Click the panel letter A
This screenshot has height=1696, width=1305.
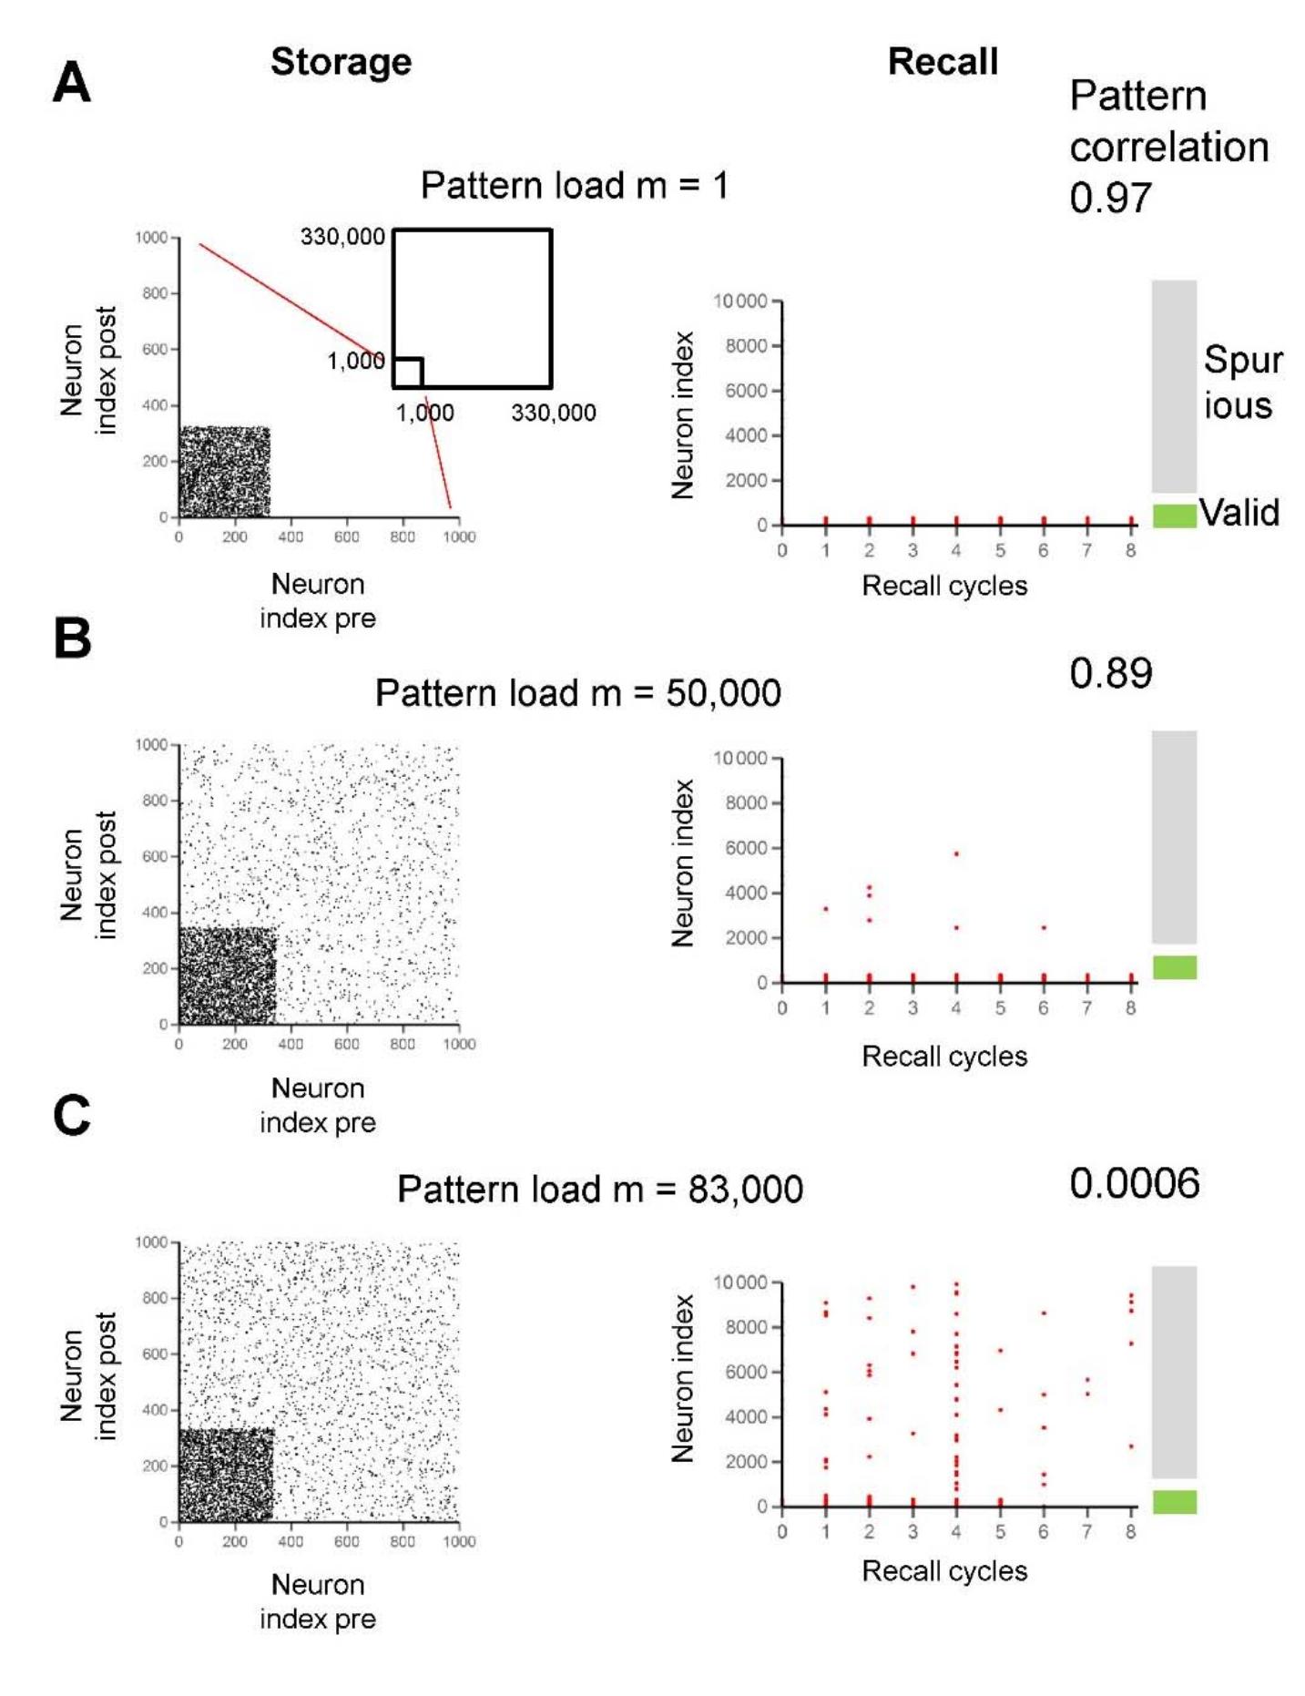[71, 84]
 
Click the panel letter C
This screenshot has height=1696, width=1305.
[71, 1115]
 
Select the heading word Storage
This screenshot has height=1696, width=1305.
[341, 62]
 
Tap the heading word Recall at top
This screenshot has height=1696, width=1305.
[942, 62]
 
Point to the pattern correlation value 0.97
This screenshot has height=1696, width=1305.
[1110, 198]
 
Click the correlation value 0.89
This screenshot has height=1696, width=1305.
[1110, 673]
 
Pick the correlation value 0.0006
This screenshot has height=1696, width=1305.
[1134, 1183]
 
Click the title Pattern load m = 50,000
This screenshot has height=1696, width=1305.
[577, 693]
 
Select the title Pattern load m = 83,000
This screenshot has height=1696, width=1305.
[599, 1190]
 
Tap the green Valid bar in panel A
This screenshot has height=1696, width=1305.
[1174, 516]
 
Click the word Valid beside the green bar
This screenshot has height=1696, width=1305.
[1239, 513]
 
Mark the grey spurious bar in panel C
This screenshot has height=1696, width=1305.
[1174, 1371]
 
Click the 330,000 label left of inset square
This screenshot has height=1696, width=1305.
[342, 237]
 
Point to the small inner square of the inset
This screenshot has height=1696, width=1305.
[408, 373]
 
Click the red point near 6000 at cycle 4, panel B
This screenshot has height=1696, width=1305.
[956, 854]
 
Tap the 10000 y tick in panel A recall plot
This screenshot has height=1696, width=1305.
[739, 301]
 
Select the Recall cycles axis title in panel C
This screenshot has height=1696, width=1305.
[943, 1570]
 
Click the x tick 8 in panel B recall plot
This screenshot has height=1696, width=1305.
[1130, 1007]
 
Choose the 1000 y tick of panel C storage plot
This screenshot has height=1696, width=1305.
[151, 1241]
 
